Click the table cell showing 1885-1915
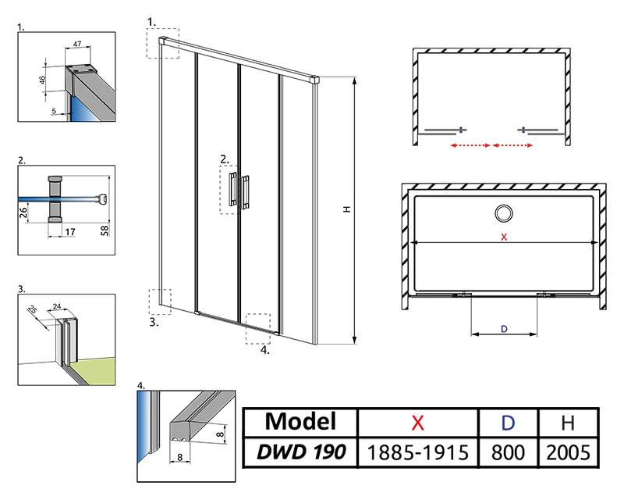418,452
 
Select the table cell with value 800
509,452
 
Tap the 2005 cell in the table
569,452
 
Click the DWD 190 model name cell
300,452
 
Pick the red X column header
418,423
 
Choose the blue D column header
509,423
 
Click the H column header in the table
569,423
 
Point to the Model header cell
300,423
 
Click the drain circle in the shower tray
503,212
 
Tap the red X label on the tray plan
504,237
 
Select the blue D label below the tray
504,329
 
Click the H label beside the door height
346,209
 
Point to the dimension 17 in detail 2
70,231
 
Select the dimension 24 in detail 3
57,307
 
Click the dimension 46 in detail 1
43,79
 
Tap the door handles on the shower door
239,190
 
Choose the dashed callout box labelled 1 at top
162,42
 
